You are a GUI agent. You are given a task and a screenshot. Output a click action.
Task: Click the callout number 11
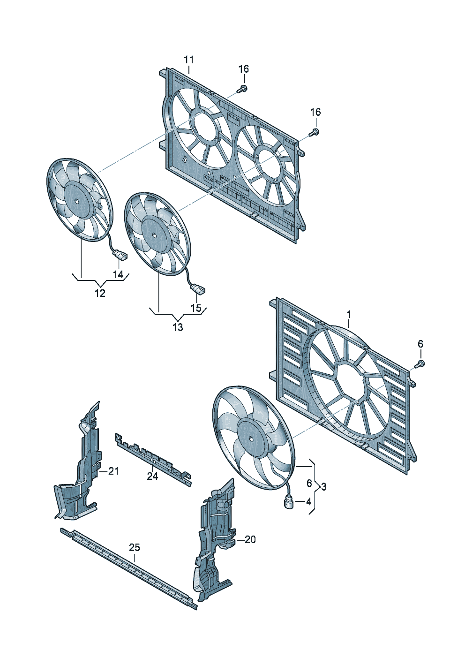(189, 60)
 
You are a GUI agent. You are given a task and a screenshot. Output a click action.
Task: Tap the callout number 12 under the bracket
(100, 293)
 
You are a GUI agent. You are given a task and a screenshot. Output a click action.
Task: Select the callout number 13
(178, 327)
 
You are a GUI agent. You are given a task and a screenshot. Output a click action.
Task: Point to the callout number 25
(135, 547)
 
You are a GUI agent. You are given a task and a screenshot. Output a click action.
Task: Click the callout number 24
(152, 476)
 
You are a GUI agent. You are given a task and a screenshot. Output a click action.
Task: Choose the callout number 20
(250, 539)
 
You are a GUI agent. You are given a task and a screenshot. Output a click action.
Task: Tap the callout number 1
(349, 315)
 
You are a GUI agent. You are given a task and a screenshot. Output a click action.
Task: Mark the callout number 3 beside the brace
(323, 487)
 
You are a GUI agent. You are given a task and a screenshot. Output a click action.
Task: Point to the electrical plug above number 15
(198, 288)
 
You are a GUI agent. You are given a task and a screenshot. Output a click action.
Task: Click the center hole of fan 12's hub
(76, 201)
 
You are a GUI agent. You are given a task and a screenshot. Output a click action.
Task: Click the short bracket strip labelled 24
(153, 452)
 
